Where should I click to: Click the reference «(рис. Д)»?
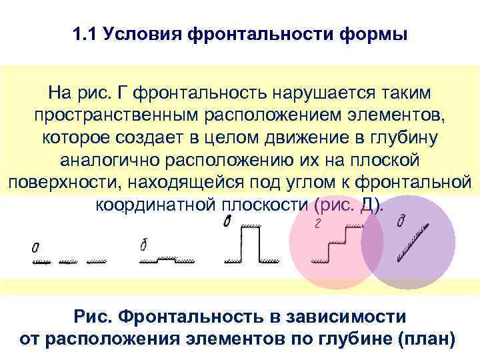pyautogui.click(x=348, y=204)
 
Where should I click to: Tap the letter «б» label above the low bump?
pyautogui.click(x=143, y=245)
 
